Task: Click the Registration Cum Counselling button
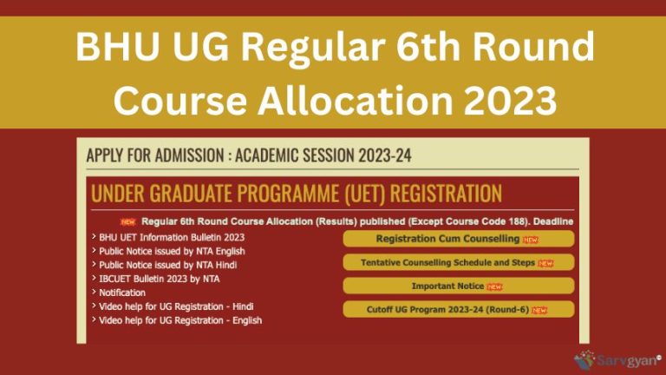click(x=459, y=239)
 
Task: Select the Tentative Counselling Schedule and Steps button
click(x=459, y=262)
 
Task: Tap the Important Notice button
click(x=459, y=286)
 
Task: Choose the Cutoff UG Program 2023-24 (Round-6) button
click(x=459, y=309)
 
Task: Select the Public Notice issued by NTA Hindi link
click(x=167, y=265)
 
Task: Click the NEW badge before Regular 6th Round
click(x=128, y=222)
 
